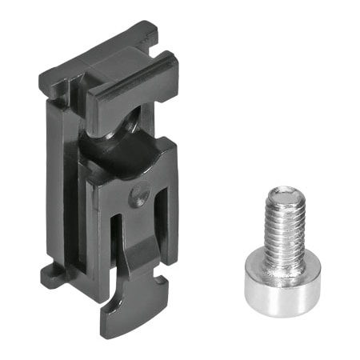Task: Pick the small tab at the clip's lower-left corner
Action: tap(50, 276)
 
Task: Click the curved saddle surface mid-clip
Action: tap(128, 152)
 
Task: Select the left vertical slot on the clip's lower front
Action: tap(115, 240)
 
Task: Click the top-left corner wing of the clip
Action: tap(50, 80)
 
